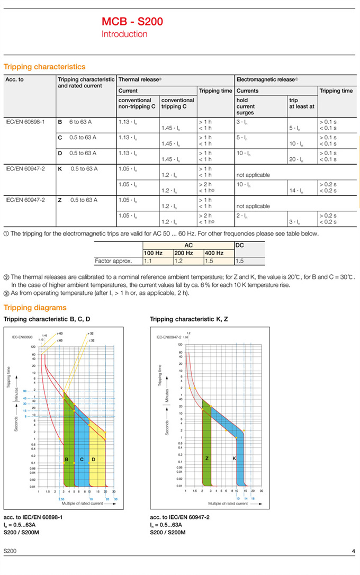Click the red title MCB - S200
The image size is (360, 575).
coord(132,22)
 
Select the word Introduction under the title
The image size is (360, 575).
coord(124,34)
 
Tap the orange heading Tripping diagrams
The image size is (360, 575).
coord(35,308)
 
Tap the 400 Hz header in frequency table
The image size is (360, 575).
coord(214,253)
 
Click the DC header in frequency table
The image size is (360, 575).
coord(239,246)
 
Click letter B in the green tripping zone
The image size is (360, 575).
coord(67,459)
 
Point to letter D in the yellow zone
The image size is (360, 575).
coord(93,459)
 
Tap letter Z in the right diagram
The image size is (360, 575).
coord(207,458)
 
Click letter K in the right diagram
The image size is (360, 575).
coord(234,458)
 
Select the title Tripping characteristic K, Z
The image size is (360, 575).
coord(189,319)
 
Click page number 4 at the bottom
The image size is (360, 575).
coord(354,552)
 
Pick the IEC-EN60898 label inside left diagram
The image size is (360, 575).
coord(22,337)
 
